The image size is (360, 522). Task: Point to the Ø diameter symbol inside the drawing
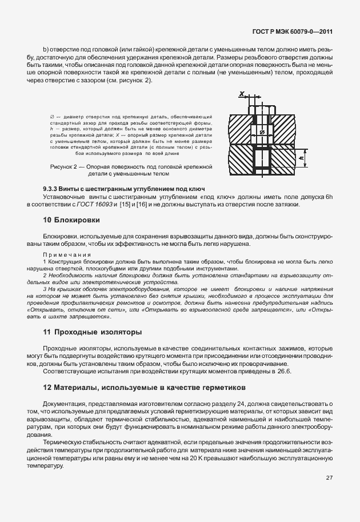tap(261, 133)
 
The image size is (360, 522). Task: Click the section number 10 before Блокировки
tap(48, 220)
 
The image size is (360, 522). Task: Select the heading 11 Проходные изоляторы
tap(93, 332)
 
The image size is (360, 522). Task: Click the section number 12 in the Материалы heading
tap(48, 388)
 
